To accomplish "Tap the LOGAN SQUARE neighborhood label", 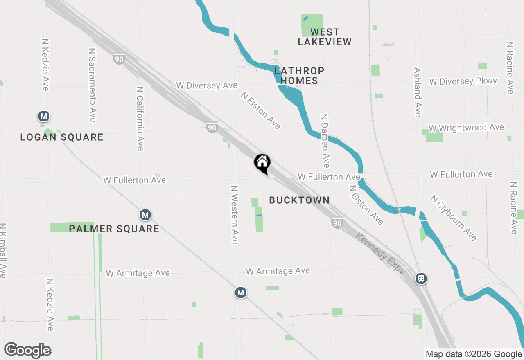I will (x=62, y=137).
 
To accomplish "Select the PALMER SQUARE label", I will (x=114, y=229).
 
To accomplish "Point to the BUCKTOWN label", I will (x=299, y=200).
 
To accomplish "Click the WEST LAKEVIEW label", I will (x=325, y=37).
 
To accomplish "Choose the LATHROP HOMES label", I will (x=299, y=76).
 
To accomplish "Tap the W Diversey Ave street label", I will (x=207, y=85).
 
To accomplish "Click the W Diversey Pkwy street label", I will (x=463, y=81).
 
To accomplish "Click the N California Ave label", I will (x=140, y=118).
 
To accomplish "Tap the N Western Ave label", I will (x=235, y=215).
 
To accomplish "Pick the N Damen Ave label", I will (x=325, y=141).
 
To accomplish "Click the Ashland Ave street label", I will (x=418, y=92).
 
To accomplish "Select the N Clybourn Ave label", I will (x=453, y=218).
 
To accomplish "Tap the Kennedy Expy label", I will (x=381, y=254).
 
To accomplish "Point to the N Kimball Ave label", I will (x=3, y=251).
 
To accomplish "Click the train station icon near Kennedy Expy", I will (x=421, y=279).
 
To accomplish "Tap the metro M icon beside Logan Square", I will (x=44, y=116).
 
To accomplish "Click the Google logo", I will (x=28, y=351).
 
